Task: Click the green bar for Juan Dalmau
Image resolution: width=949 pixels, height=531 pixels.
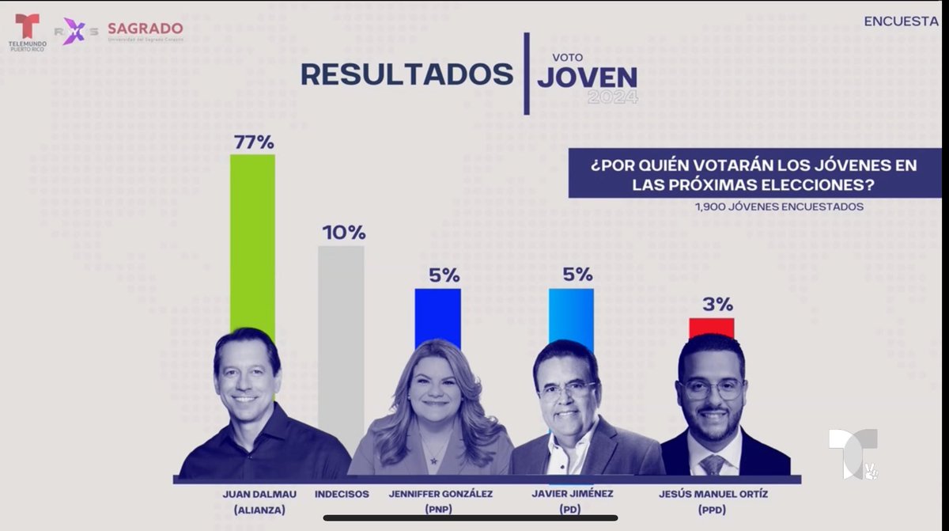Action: point(252,237)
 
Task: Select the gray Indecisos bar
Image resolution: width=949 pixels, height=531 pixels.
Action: point(341,332)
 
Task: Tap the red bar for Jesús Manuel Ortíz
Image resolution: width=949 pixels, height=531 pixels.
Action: point(712,327)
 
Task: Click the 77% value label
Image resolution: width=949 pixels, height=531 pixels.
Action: point(253,142)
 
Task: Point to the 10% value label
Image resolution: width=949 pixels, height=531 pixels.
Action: point(343,233)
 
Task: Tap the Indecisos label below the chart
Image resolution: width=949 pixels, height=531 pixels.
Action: point(342,494)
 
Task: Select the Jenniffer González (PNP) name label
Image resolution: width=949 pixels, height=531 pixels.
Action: point(440,501)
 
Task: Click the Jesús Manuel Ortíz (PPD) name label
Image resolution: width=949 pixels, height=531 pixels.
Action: point(713,501)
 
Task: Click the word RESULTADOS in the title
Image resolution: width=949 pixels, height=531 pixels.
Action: point(406,74)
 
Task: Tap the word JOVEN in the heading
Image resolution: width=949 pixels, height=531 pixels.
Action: point(587,78)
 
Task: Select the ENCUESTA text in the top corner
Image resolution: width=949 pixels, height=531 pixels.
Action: point(901,21)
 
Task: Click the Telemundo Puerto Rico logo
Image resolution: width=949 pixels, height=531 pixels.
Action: point(27,32)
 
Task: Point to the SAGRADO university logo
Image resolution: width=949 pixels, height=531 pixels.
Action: point(145,30)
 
